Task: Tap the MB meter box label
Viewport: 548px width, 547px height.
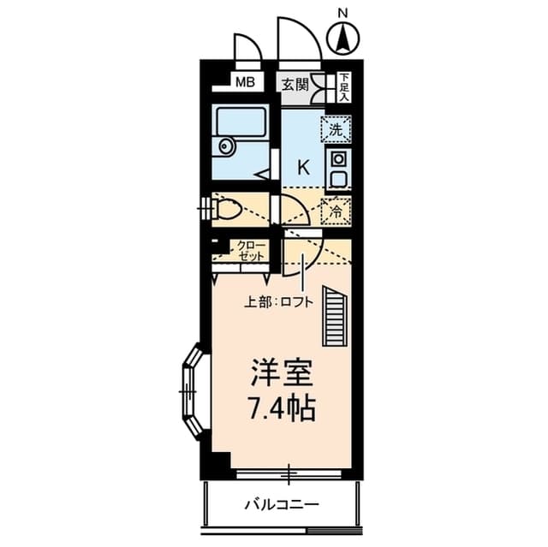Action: click(246, 83)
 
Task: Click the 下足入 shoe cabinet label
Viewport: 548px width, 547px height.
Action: click(343, 86)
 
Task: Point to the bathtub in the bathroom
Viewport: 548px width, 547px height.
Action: click(241, 122)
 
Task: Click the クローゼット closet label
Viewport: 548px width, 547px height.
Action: click(251, 250)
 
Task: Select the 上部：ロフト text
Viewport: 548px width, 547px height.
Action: click(279, 301)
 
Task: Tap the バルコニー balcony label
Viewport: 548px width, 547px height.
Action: click(281, 504)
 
